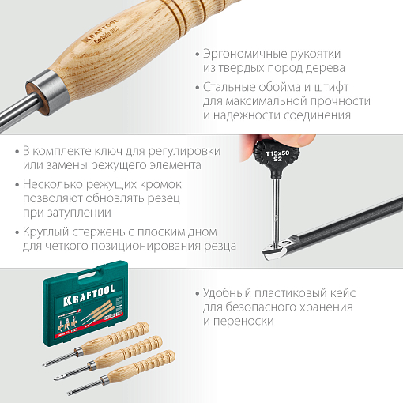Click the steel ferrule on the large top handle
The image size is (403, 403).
click(x=41, y=85)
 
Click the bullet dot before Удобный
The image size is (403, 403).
click(x=195, y=292)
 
